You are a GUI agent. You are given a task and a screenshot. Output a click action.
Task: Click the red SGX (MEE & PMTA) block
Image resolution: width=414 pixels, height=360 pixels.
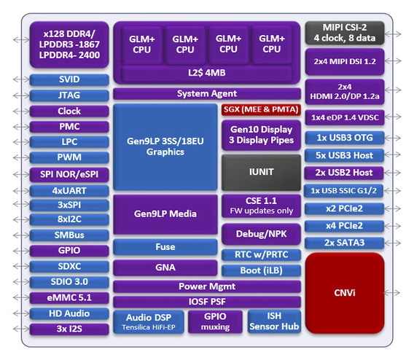pos(260,109)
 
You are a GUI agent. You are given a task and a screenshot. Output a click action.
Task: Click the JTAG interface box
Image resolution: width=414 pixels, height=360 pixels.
pos(69,95)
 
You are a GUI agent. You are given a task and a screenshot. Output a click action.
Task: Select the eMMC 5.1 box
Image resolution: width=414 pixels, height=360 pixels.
pos(69,297)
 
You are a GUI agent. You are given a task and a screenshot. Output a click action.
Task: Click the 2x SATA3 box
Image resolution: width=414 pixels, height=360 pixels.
pos(343,243)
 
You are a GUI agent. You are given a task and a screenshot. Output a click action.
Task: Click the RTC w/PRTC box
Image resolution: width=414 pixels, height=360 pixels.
pos(260,253)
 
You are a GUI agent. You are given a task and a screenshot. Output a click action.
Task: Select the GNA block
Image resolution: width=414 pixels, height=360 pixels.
pos(165,267)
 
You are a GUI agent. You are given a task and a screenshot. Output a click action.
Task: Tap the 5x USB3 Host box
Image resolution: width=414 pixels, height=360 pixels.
pos(343,154)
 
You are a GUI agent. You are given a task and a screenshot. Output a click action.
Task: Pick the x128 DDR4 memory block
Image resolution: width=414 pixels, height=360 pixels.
pos(69,44)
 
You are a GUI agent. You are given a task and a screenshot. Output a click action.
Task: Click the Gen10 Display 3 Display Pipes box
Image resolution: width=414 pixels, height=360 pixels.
pos(260,134)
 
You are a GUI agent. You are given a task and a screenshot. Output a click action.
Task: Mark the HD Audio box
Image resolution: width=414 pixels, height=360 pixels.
pos(69,313)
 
